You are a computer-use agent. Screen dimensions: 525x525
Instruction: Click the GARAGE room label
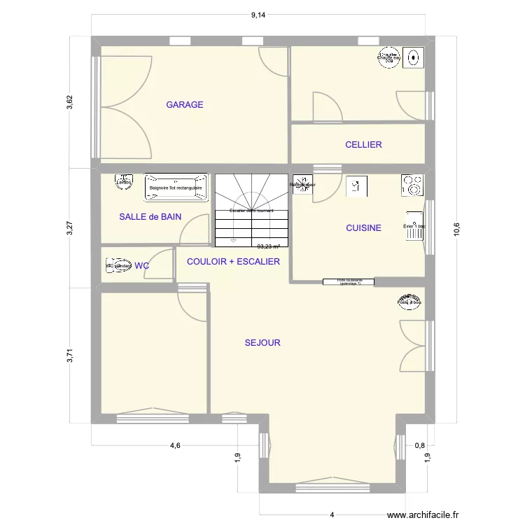coord(185,105)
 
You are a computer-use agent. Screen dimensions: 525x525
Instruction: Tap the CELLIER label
coord(363,145)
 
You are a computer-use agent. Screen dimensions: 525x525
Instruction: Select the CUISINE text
coord(363,228)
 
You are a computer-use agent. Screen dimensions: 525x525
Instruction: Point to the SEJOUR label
coord(262,343)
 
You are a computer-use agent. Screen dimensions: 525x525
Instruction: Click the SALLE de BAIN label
coord(150,217)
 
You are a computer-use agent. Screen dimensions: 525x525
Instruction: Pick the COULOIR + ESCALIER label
coord(233,262)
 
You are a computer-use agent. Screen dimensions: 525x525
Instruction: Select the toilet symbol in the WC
coord(118,266)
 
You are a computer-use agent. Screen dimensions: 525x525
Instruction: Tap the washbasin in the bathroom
coord(125,182)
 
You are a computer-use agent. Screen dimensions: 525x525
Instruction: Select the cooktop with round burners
coord(413,185)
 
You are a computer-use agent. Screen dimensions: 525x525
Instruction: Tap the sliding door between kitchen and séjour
coord(348,282)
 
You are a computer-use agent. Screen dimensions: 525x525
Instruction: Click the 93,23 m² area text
coord(268,246)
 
